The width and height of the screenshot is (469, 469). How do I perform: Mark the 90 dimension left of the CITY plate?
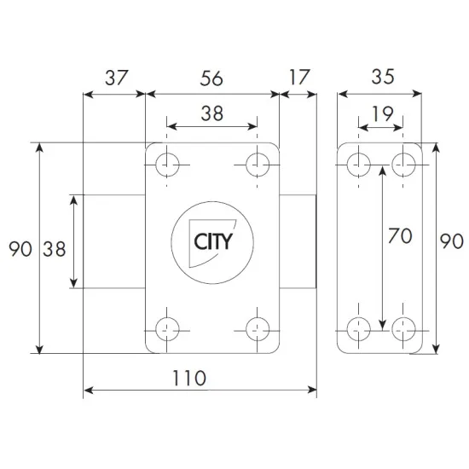[20, 250]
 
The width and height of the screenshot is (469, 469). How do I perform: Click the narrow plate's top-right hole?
[402, 162]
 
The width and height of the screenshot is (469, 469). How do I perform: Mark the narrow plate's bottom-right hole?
[402, 325]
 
